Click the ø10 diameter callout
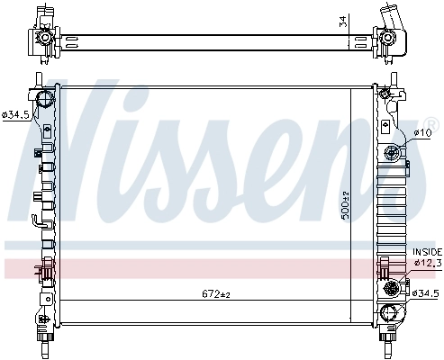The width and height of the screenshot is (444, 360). (421, 134)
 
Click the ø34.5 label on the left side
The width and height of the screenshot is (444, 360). (15, 115)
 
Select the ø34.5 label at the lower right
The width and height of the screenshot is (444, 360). (425, 293)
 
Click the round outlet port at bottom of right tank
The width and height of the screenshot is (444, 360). (390, 313)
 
